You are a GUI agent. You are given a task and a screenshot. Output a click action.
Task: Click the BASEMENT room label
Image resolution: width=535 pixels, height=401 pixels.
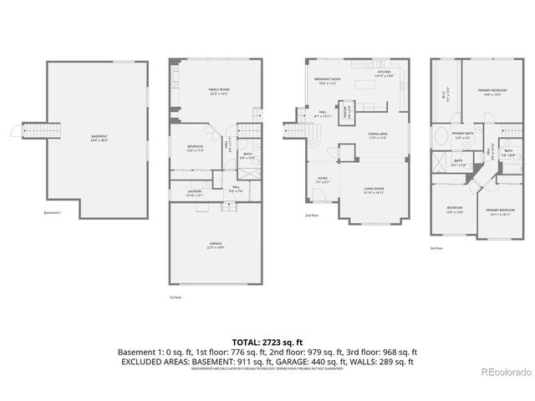point(99,138)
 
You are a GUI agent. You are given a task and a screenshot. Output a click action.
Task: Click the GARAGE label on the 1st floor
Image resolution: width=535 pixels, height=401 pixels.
point(216,246)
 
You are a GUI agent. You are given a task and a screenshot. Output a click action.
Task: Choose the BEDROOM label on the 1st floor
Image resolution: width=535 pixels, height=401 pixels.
point(195,149)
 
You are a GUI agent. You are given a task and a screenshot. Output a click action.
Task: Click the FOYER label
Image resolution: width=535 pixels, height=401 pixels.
point(322,180)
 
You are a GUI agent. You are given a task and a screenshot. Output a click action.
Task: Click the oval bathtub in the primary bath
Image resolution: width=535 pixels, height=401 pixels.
point(441,139)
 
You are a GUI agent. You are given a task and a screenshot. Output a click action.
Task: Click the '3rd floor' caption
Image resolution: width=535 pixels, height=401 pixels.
point(436,248)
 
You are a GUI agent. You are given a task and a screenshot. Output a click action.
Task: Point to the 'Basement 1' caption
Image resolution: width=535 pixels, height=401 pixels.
point(53,213)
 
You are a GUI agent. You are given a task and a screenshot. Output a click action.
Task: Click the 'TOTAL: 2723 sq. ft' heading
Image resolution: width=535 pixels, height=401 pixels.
point(267,343)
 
